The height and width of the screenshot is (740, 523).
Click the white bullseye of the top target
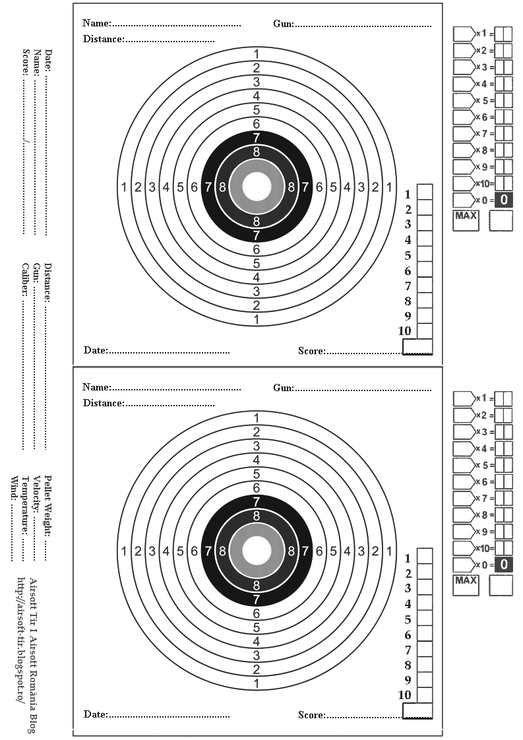(256, 187)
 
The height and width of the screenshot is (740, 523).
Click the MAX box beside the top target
(466, 220)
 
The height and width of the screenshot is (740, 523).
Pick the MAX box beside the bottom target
(466, 585)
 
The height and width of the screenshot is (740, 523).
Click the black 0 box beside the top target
(503, 199)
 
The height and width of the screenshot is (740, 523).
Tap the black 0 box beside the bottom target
(503, 564)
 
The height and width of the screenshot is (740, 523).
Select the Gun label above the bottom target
(284, 388)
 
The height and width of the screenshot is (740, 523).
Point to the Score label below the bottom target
(311, 715)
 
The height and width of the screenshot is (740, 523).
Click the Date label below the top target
(96, 350)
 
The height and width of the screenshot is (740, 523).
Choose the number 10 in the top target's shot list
(404, 331)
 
